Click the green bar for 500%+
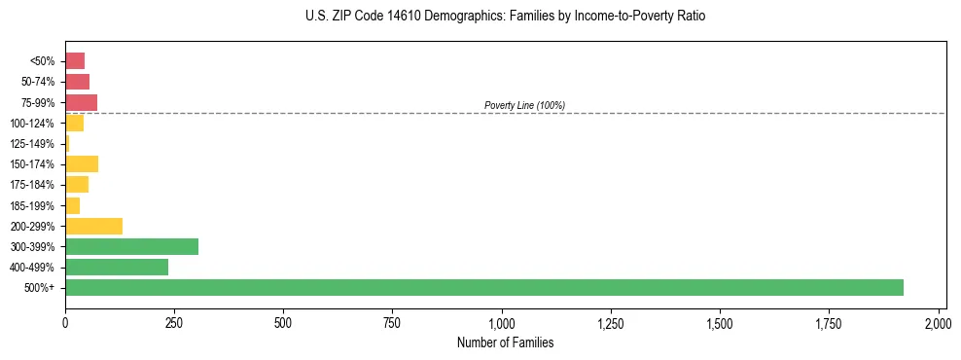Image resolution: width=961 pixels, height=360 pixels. click(483, 287)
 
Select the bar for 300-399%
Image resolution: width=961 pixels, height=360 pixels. click(131, 246)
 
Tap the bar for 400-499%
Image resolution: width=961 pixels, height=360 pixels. click(117, 267)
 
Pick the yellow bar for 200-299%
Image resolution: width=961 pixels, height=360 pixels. click(93, 226)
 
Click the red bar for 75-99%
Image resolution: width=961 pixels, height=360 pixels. click(81, 102)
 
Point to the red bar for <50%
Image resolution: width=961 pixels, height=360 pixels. click(75, 61)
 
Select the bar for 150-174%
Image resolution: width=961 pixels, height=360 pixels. click(82, 163)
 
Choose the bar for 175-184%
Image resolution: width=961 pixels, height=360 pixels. click(77, 185)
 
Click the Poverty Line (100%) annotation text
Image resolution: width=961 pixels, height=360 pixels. click(524, 105)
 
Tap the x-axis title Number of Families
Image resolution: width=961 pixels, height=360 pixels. click(505, 342)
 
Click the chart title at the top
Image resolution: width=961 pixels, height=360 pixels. click(505, 17)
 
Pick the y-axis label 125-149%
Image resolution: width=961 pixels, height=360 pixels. click(32, 144)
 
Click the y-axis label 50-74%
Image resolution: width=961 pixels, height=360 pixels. click(37, 82)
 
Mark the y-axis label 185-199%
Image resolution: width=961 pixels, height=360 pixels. click(32, 205)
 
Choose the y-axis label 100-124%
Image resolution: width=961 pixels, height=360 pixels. click(32, 124)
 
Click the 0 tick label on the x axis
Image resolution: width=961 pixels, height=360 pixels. click(65, 321)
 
